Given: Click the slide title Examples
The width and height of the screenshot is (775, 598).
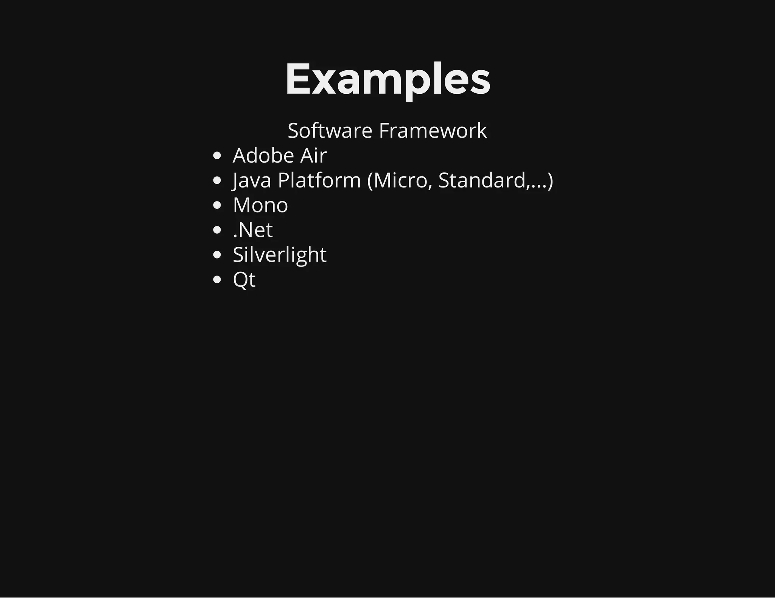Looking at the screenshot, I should [387, 79].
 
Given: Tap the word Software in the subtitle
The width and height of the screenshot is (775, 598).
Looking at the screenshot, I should [330, 131].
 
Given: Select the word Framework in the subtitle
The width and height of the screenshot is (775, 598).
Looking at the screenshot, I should [433, 131].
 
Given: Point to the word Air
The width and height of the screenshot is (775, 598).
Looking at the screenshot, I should [313, 155].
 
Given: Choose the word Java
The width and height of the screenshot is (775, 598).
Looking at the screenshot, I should [252, 180].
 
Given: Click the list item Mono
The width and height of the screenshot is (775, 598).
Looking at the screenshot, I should [260, 205].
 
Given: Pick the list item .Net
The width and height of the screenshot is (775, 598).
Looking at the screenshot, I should [253, 230].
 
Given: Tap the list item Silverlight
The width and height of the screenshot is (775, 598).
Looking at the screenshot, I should [279, 255].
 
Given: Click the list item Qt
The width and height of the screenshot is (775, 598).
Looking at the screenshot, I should [244, 280].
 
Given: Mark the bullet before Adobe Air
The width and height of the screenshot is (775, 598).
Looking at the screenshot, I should [217, 156].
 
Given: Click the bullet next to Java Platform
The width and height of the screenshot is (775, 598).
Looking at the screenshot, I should [217, 181].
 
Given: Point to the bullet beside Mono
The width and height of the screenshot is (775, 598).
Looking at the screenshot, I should [217, 205].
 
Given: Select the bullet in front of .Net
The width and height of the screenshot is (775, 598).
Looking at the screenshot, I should [217, 230].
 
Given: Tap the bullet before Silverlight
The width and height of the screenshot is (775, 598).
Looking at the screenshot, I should [217, 255].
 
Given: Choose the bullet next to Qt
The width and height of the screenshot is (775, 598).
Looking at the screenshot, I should [217, 280].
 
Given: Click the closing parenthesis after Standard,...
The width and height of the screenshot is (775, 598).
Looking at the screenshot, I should [550, 180].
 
